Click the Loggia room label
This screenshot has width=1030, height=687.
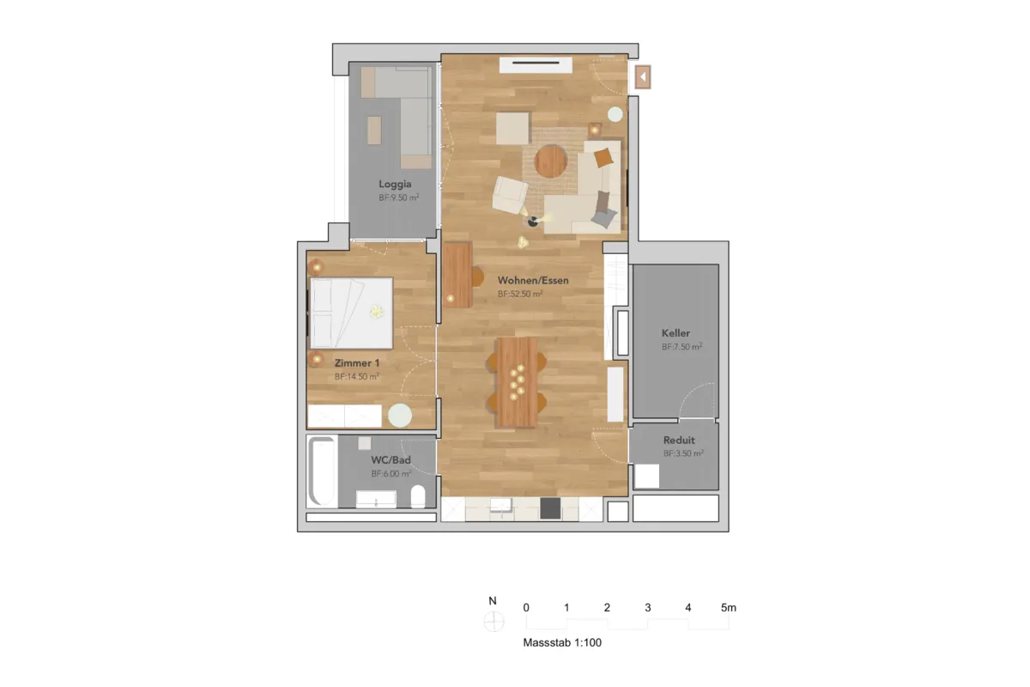(395, 185)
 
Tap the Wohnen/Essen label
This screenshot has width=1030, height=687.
(533, 280)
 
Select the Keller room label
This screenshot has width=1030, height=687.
(676, 332)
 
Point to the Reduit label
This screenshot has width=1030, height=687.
(679, 440)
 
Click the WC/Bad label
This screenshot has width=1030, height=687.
(391, 459)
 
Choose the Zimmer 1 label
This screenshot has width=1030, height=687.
(357, 363)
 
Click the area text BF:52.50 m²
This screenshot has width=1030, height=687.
(520, 294)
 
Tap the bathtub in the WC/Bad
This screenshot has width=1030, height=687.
(323, 471)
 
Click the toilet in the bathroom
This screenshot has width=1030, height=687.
(417, 496)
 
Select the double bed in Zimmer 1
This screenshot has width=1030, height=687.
(351, 313)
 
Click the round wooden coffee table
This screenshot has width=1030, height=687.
(550, 161)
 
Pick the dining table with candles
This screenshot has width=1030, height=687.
(518, 382)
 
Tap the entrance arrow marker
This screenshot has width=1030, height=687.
(643, 77)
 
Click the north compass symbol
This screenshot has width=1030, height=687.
(494, 622)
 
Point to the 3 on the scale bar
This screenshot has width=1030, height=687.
(647, 607)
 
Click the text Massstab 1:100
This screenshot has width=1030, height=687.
(562, 642)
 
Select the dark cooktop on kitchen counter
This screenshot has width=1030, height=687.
(550, 508)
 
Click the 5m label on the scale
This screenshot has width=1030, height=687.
(729, 607)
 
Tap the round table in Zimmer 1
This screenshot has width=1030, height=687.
(400, 416)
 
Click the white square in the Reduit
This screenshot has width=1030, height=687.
(646, 476)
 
